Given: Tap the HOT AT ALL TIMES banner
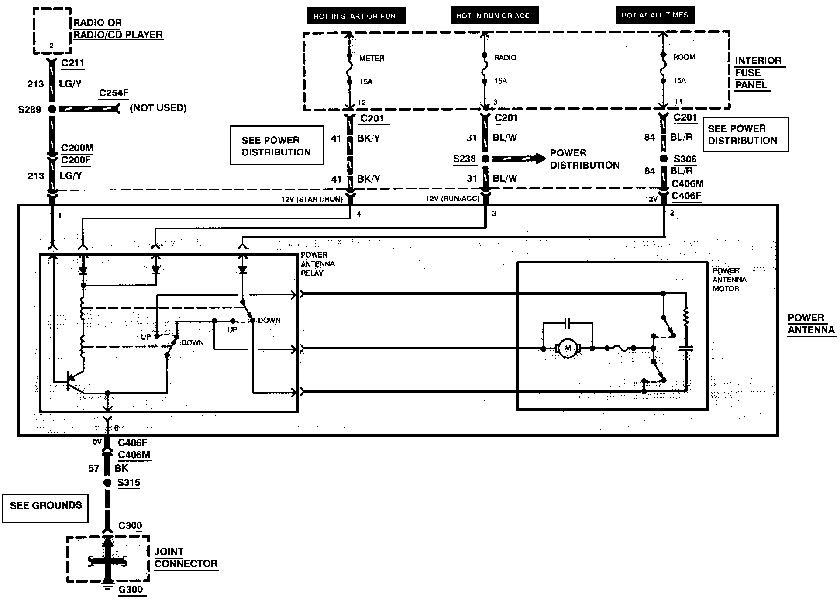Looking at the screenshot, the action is (655, 15).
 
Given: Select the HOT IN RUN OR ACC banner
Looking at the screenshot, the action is (495, 16).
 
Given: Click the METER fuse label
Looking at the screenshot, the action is (372, 58).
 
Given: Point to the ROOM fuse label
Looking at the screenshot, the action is (684, 57).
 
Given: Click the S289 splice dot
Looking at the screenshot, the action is (52, 109).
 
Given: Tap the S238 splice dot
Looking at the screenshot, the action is (485, 159).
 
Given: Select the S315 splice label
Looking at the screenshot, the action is (129, 483).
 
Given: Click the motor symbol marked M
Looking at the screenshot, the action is (568, 348).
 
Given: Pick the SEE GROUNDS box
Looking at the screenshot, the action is (45, 508).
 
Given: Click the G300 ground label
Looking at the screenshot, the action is (131, 590).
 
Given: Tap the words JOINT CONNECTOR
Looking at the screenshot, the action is (186, 558).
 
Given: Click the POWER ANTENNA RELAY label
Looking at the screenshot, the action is (318, 264).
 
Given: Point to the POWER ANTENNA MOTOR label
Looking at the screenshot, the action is (730, 280).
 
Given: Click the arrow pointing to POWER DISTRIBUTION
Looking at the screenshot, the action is (519, 159).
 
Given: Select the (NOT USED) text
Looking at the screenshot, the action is (158, 108).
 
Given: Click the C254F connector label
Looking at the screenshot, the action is (114, 93).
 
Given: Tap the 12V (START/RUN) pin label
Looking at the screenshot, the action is (312, 199).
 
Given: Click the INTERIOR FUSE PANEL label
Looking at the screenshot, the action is (758, 73).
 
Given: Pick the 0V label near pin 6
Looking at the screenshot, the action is (97, 442).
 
